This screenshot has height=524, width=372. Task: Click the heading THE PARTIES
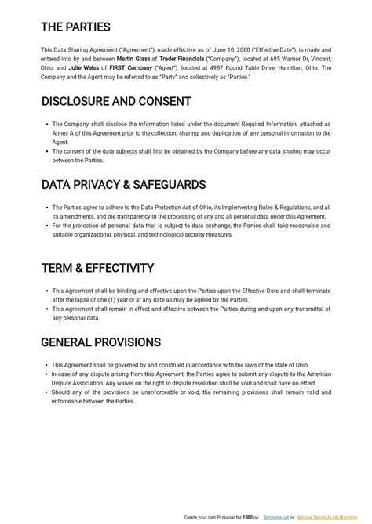75,27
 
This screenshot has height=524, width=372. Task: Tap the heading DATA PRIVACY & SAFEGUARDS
112,185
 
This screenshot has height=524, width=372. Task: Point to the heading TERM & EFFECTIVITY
97,268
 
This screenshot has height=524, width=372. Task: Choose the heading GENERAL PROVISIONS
100,342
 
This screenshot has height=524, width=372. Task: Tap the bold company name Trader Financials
182,59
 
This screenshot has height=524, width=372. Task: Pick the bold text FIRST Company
130,68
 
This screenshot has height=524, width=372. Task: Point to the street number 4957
207,68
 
